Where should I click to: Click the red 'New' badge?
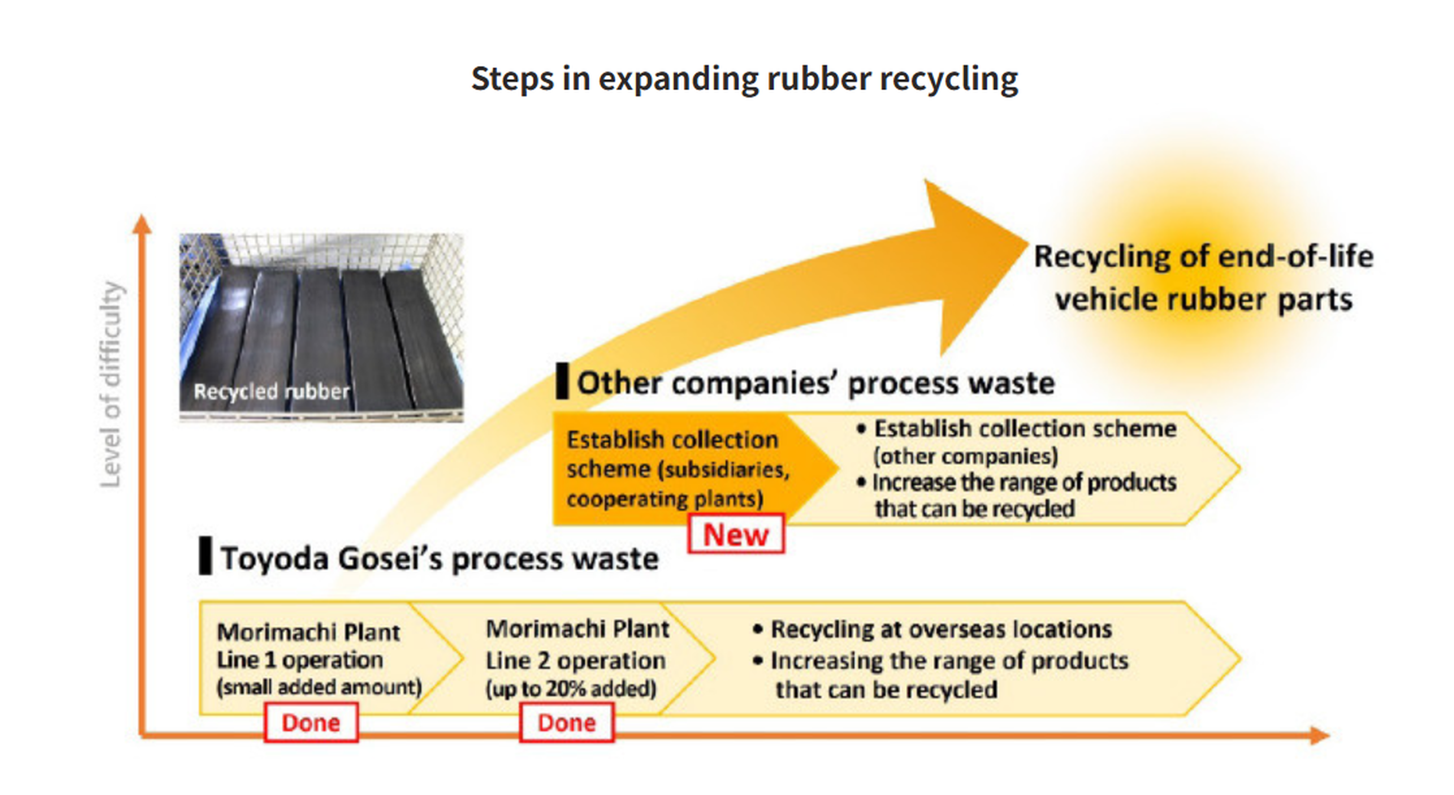click(736, 533)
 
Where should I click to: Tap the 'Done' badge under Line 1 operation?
click(311, 722)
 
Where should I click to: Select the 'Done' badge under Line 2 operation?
click(567, 722)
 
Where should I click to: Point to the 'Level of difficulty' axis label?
click(111, 384)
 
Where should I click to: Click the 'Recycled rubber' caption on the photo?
click(271, 391)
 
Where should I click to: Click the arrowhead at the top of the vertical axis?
click(142, 224)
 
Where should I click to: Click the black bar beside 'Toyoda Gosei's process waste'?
click(205, 556)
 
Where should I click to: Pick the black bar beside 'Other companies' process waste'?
click(562, 381)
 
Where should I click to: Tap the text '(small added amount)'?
click(319, 687)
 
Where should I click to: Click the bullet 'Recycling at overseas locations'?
click(932, 629)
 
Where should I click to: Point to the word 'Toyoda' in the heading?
click(275, 559)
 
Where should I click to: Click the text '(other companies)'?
click(966, 456)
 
